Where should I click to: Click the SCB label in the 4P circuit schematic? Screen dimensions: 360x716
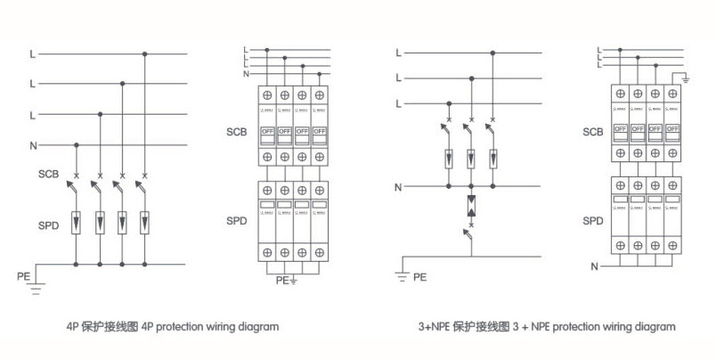[48, 173]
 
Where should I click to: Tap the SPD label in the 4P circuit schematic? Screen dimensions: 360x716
[48, 225]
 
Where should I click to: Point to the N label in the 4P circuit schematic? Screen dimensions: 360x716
[32, 144]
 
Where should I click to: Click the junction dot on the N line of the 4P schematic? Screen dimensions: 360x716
[77, 144]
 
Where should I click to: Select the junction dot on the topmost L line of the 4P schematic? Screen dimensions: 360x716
[145, 54]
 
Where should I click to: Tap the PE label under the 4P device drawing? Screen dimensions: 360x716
[281, 280]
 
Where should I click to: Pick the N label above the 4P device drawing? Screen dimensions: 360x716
[247, 73]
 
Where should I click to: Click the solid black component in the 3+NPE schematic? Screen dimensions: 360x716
[470, 207]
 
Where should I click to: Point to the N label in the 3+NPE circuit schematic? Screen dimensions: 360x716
[398, 187]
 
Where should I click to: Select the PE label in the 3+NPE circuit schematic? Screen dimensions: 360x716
[419, 277]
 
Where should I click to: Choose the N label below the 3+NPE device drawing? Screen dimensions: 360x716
[594, 266]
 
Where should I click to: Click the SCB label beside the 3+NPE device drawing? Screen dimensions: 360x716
[592, 133]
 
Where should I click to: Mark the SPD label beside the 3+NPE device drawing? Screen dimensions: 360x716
[592, 220]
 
